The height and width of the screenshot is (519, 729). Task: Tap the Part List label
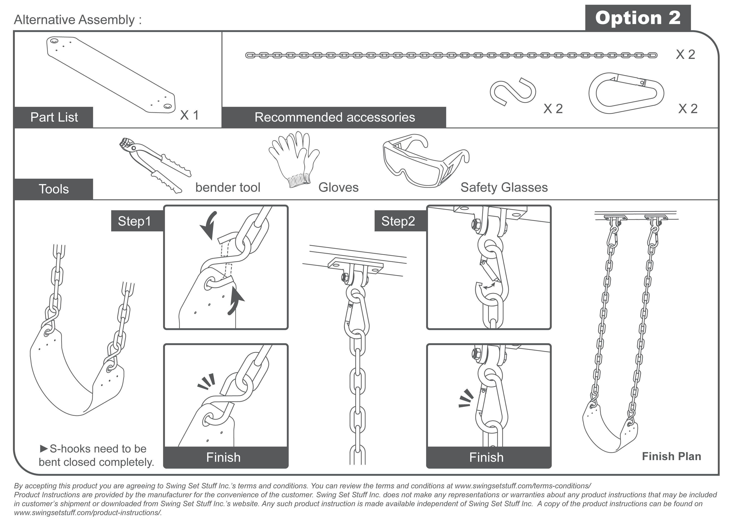pos(54,117)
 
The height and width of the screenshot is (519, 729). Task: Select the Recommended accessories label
pos(334,117)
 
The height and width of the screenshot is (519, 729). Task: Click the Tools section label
pos(54,189)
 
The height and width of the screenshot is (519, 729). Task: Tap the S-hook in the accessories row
pos(512,91)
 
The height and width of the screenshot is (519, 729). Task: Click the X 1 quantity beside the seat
pos(189,115)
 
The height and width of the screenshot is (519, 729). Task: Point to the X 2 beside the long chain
pos(685,55)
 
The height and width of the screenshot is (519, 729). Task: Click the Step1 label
pos(134,221)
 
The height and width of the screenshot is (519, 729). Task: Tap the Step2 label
pos(398,221)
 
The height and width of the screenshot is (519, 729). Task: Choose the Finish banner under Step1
pos(223,457)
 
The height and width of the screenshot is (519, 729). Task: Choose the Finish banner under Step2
pos(487,457)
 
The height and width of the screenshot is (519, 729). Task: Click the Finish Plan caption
pos(671,456)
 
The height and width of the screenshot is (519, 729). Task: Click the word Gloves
pos(338,188)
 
